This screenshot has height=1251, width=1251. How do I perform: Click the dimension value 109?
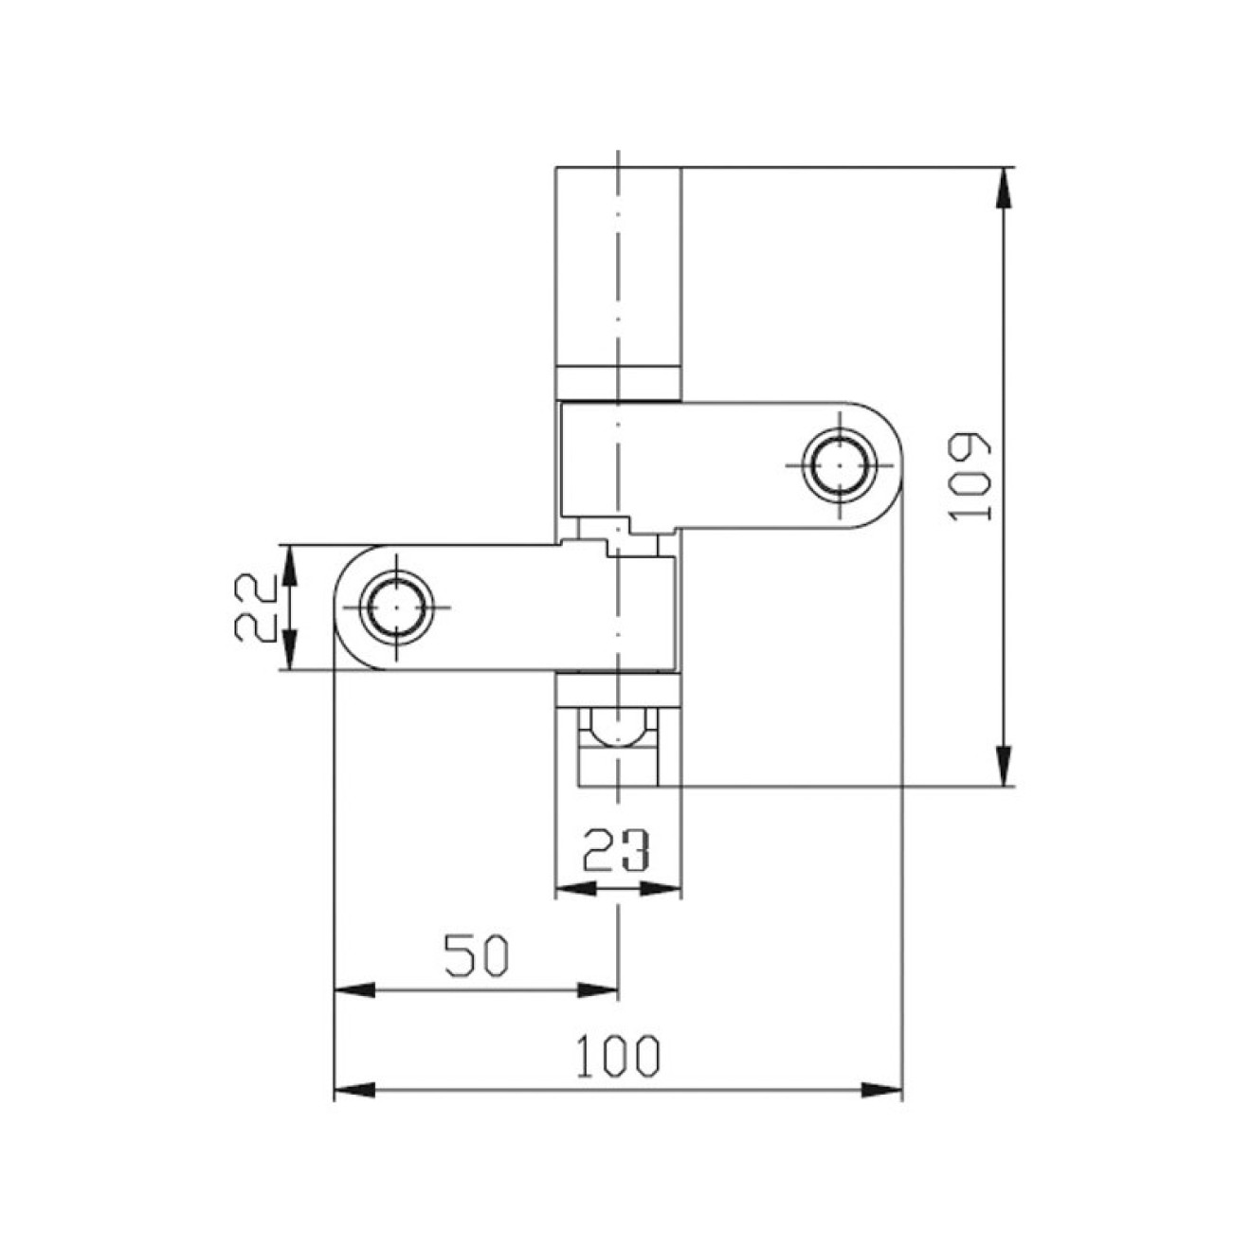[972, 479]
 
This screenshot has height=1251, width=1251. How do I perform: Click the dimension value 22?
[255, 607]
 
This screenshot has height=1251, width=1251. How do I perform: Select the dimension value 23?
[616, 850]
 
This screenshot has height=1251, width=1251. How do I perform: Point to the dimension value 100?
[617, 1056]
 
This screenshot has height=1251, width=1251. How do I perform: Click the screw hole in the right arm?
[838, 465]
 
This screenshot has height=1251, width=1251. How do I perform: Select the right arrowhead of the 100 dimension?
[881, 1090]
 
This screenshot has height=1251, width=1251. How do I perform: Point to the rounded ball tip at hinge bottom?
[617, 731]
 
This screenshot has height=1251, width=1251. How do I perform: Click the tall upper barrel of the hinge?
[617, 265]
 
